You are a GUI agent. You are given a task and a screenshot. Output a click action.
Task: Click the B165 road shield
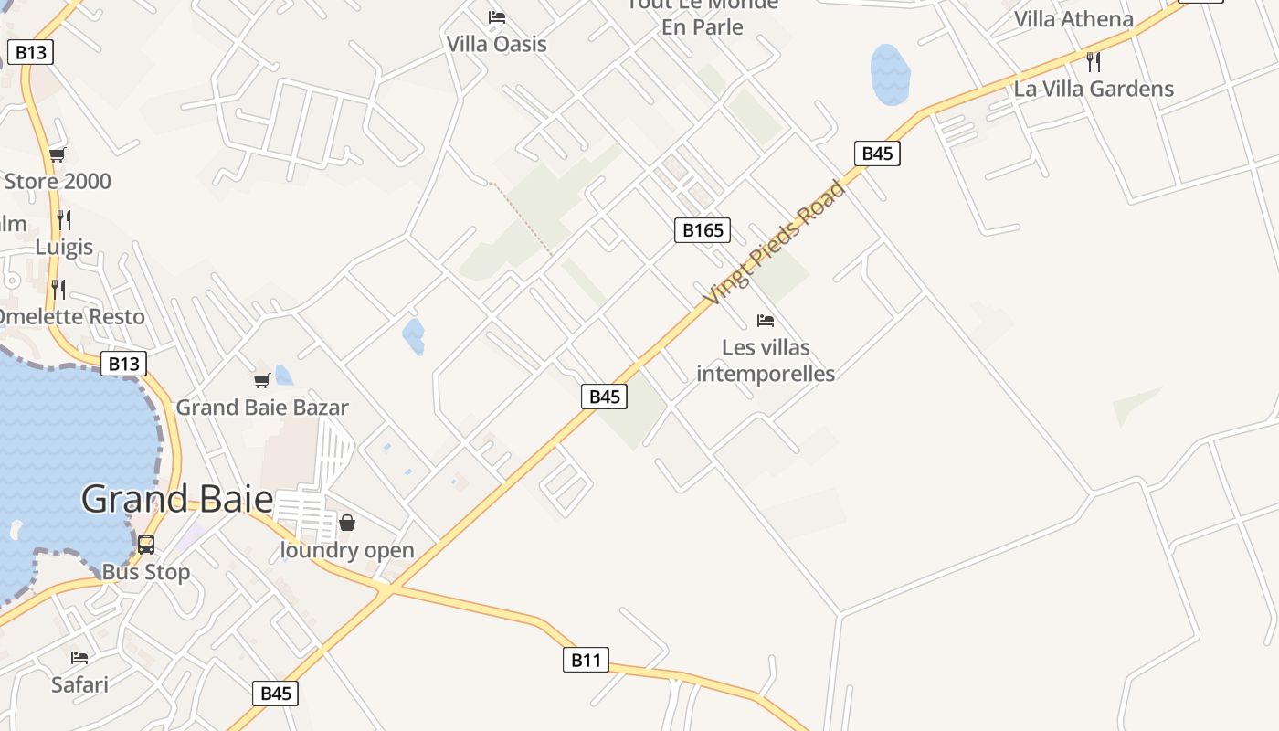pyautogui.click(x=703, y=230)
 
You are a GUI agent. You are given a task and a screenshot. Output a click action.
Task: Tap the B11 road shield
pyautogui.click(x=586, y=660)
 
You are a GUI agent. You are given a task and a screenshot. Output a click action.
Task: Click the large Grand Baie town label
pyautogui.click(x=177, y=499)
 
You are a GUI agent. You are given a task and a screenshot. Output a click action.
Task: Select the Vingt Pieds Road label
pyautogui.click(x=774, y=245)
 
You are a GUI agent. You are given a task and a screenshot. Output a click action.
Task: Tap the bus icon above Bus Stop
pyautogui.click(x=146, y=545)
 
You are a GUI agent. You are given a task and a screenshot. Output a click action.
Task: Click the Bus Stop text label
pyautogui.click(x=146, y=572)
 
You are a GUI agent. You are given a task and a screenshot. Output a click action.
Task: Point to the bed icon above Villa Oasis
pyautogui.click(x=497, y=17)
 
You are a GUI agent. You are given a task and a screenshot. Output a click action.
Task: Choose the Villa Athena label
pyautogui.click(x=1073, y=19)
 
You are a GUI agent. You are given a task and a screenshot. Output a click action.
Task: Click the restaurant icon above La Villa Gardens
pyautogui.click(x=1093, y=62)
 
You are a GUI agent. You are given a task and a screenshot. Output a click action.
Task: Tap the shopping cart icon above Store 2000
pyautogui.click(x=58, y=154)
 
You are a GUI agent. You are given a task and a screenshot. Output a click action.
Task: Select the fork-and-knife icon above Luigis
pyautogui.click(x=64, y=220)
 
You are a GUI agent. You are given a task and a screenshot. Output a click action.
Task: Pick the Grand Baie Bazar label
pyautogui.click(x=262, y=408)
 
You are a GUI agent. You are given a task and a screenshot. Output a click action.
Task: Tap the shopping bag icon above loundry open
pyautogui.click(x=347, y=523)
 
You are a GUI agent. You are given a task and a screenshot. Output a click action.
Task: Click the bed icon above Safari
pyautogui.click(x=79, y=658)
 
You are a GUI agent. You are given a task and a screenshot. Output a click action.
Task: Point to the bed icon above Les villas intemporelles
pyautogui.click(x=766, y=321)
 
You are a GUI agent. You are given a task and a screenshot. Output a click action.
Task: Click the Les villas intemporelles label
pyautogui.click(x=766, y=361)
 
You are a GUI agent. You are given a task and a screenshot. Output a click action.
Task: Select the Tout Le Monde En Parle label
pyautogui.click(x=703, y=16)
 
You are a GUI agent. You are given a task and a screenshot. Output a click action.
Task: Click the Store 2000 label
pyautogui.click(x=58, y=181)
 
